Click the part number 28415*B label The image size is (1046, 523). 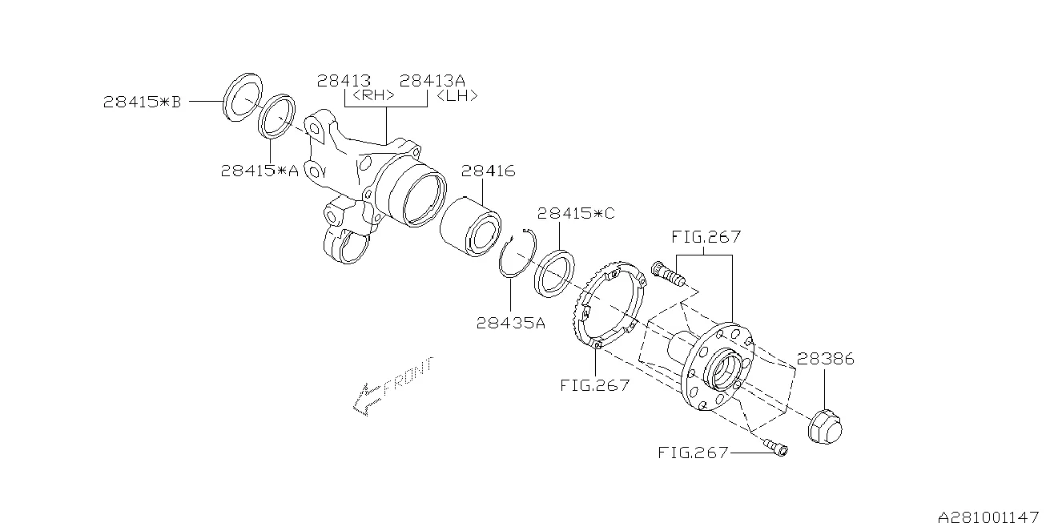pos(143,102)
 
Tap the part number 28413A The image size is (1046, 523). pos(432,81)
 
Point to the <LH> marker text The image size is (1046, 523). pos(457,96)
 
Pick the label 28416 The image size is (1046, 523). pos(488,171)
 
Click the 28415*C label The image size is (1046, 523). pos(576,214)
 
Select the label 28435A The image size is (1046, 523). pos(510,323)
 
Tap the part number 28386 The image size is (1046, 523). pos(826,359)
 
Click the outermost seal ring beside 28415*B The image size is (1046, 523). pos(241,97)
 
